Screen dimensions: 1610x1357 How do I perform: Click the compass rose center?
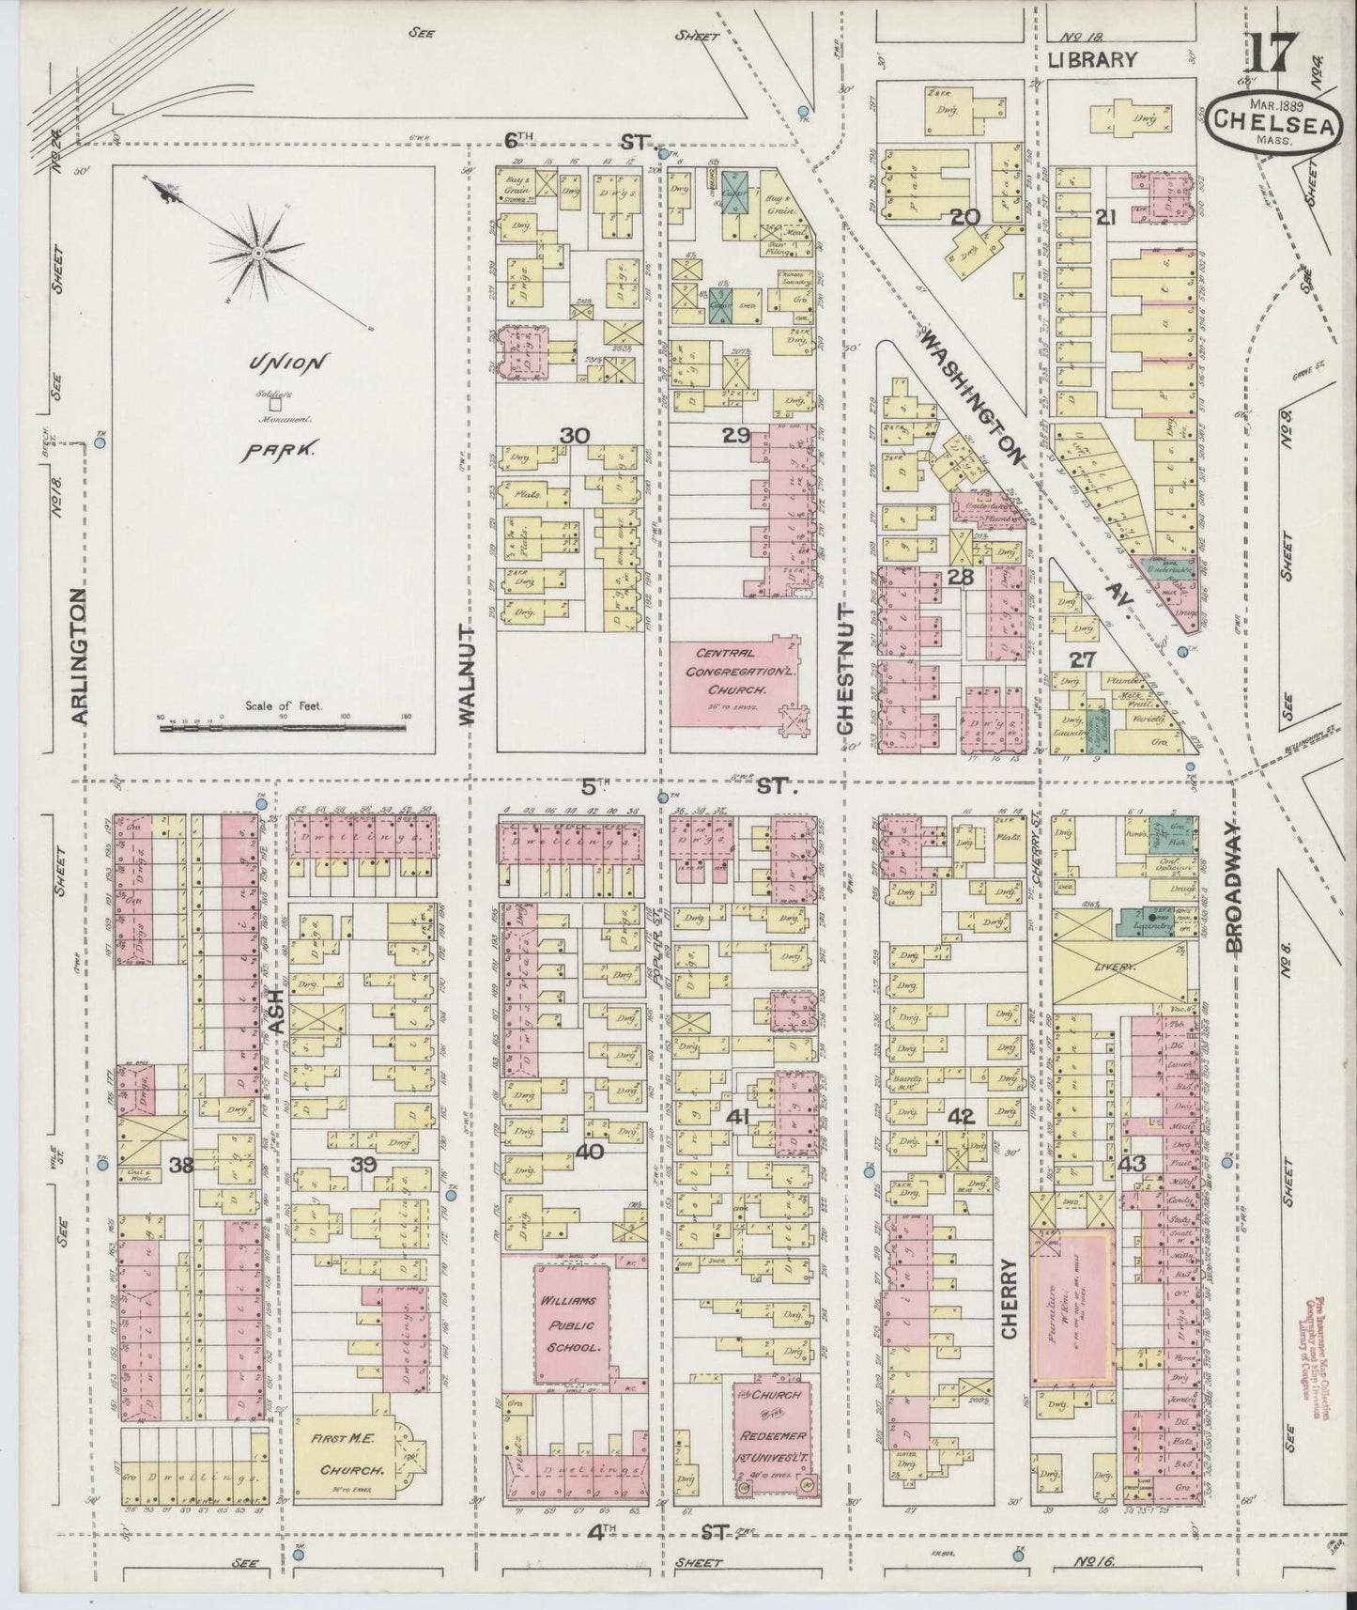tap(256, 254)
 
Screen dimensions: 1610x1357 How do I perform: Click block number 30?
tap(574, 435)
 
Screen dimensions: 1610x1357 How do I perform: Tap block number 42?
tap(962, 1117)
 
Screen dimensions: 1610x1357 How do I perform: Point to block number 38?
tap(181, 1165)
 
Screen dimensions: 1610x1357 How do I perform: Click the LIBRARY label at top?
tap(1092, 60)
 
